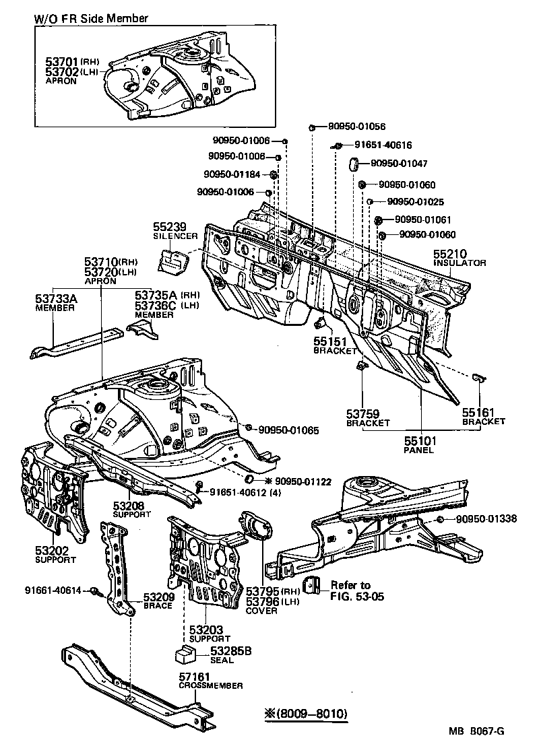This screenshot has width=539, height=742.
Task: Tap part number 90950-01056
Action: [x=356, y=127]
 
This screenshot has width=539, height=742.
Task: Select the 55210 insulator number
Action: [x=449, y=254]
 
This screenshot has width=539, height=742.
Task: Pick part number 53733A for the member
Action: [x=56, y=298]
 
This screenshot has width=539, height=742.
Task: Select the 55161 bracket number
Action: [x=479, y=412]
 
